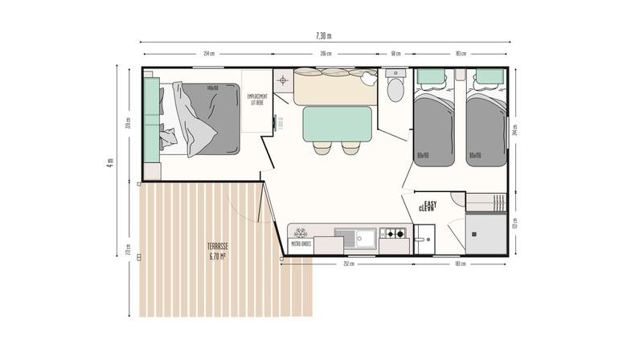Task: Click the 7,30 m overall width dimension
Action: (x=322, y=35)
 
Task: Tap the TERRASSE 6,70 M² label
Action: (x=218, y=252)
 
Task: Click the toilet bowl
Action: (x=395, y=89)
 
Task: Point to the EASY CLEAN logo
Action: (x=428, y=207)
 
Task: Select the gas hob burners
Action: (x=394, y=235)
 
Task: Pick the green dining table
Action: (x=336, y=125)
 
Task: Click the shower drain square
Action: (x=475, y=234)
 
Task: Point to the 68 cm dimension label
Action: (x=396, y=54)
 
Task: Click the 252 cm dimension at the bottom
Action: (x=347, y=264)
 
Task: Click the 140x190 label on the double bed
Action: (x=212, y=88)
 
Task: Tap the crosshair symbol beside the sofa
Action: (x=282, y=80)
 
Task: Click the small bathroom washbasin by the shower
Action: (x=424, y=236)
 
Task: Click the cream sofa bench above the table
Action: (x=334, y=87)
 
